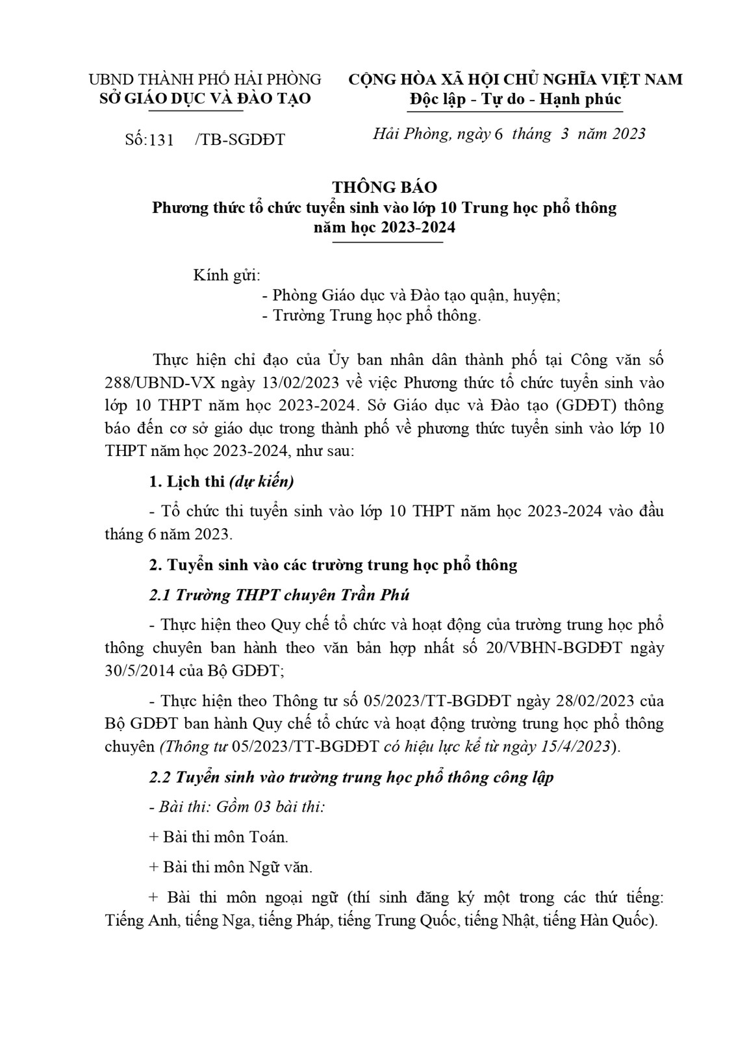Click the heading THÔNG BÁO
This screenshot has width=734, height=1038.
point(385,188)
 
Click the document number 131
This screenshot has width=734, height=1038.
point(162,140)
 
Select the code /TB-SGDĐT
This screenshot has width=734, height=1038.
point(240,140)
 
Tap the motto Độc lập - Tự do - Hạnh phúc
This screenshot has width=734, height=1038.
point(515,99)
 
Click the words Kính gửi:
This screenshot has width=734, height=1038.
point(227,275)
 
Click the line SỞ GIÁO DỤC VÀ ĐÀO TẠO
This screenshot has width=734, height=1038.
point(204,99)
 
